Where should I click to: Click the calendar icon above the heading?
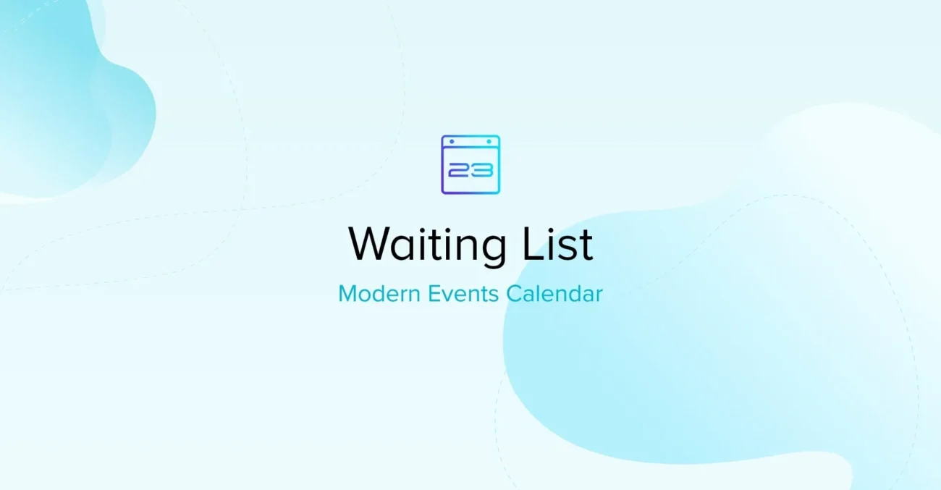coord(470,164)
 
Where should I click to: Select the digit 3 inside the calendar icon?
coord(484,171)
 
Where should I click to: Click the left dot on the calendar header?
coord(452,141)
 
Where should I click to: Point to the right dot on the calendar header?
coord(489,141)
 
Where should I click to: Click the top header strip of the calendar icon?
coord(470,142)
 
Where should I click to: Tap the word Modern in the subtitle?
coord(376,295)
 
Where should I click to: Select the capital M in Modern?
coord(347,295)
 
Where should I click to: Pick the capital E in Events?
coord(433,295)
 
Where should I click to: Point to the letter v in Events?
coord(447,296)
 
